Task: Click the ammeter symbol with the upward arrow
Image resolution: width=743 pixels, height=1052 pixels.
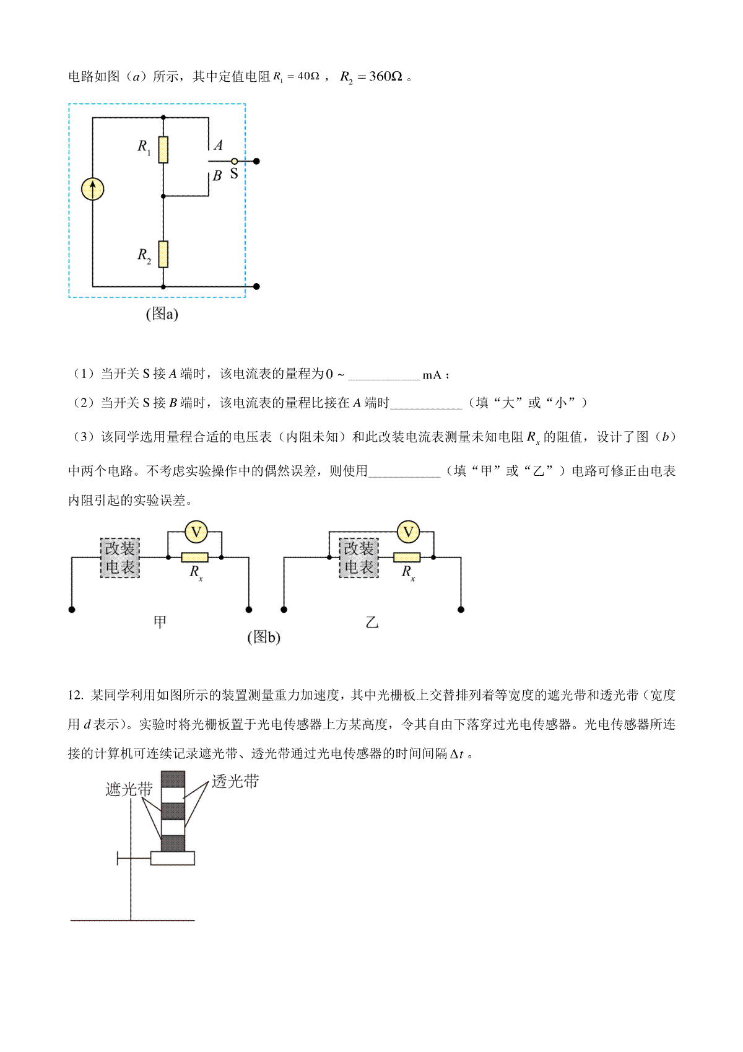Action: [93, 189]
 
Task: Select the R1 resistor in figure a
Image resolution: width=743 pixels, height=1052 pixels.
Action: [163, 149]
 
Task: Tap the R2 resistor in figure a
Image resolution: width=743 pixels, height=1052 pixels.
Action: [163, 254]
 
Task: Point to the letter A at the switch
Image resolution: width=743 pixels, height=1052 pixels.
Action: [218, 146]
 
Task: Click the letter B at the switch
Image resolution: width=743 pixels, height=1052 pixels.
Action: [217, 176]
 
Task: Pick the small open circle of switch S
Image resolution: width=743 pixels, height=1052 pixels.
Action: [234, 161]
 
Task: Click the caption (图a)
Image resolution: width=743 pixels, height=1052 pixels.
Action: [162, 314]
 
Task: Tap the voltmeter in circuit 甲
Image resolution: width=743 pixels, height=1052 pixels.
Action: [196, 532]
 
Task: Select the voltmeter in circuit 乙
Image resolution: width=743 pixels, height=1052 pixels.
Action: [408, 532]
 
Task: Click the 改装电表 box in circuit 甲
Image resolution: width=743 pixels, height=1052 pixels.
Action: [120, 558]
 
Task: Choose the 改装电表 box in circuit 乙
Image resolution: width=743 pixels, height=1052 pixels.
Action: [358, 558]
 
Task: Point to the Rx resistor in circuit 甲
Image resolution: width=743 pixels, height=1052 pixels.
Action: [194, 558]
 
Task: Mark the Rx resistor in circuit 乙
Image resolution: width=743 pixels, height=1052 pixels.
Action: [407, 558]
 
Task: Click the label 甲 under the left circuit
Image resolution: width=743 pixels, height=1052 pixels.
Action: [160, 621]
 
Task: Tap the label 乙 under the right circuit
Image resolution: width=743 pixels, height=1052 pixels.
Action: [371, 622]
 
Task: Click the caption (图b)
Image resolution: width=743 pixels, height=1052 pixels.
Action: [264, 637]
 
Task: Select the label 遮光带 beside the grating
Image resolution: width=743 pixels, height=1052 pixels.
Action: [129, 789]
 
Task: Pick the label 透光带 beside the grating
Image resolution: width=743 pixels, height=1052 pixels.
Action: [235, 781]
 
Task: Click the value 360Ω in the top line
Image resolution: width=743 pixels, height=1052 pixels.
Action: [385, 77]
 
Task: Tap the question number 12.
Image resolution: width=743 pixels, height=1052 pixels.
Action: [76, 695]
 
